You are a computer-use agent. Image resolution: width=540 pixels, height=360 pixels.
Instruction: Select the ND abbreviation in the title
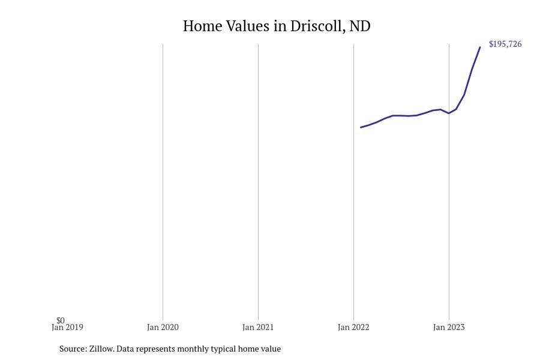[x=360, y=26]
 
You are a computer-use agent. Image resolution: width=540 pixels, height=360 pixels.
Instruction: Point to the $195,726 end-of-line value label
[x=505, y=44]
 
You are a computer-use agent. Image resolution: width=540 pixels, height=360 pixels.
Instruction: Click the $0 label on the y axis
[x=61, y=320]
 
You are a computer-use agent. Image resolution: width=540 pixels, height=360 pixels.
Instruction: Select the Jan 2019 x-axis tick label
[x=67, y=328]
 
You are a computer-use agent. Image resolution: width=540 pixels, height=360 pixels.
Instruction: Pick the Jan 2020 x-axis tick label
[x=163, y=328]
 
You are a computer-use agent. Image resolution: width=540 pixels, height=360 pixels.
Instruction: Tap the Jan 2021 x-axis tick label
[x=258, y=328]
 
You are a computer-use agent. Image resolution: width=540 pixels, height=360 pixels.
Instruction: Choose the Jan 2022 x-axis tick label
[x=353, y=328]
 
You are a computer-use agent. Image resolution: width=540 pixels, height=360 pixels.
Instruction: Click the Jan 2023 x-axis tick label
[x=449, y=328]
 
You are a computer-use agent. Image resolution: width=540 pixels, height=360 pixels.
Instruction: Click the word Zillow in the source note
[x=101, y=349]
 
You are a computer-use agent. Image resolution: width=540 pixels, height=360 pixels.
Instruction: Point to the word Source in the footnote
[x=73, y=349]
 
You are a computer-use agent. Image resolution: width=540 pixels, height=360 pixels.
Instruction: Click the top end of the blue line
[x=480, y=47]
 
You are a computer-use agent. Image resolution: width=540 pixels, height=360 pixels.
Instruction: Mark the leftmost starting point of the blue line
[x=361, y=127]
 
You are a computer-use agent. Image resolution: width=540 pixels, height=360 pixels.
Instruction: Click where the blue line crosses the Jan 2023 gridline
[x=449, y=113]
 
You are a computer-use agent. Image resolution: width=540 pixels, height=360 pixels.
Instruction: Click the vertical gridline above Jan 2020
[x=163, y=180]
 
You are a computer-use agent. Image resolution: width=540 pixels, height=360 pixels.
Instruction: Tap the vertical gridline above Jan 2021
[x=258, y=180]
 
